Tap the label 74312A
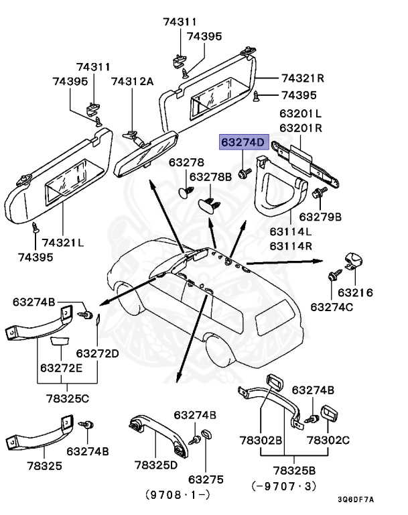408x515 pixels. pos(132,81)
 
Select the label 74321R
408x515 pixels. pos(302,78)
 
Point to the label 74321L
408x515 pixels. pos(62,243)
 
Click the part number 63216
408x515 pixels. pos(355,292)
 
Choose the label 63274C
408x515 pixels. pos(332,307)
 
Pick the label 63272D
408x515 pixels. pos(97,353)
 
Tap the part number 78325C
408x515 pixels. pos(67,399)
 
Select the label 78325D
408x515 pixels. pos(155,465)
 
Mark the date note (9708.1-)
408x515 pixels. pos(178,497)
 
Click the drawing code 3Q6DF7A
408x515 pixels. pos(356,500)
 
